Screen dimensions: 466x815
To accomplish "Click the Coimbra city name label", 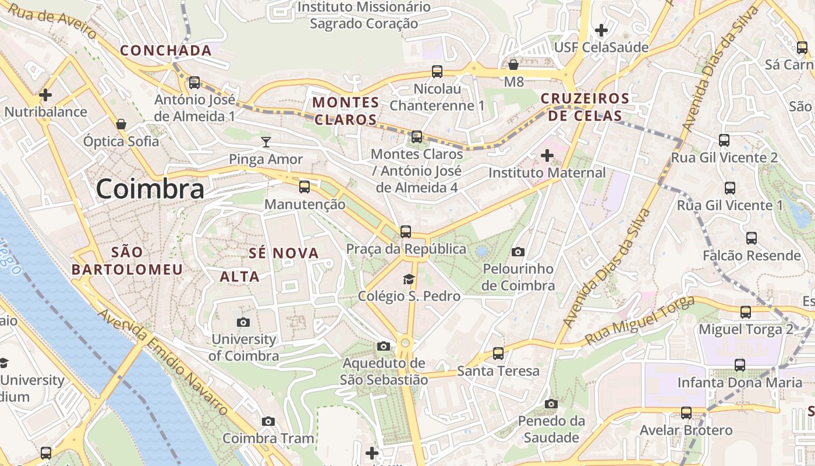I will tap(150, 189).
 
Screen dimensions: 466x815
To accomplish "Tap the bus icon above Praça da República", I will tap(406, 231).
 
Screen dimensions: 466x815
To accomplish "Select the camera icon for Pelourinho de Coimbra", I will tap(518, 252).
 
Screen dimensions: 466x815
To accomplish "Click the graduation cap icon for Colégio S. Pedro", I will tap(409, 279).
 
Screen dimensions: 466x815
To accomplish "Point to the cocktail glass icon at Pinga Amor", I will tap(266, 142).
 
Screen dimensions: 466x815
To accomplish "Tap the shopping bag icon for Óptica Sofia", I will tap(121, 124).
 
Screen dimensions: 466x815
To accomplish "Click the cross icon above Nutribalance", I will tap(45, 94).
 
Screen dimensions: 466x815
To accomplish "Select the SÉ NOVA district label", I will tap(284, 253).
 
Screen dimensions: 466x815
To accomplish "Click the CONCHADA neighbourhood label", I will tap(166, 51).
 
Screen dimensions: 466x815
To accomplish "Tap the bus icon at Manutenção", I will tap(304, 187).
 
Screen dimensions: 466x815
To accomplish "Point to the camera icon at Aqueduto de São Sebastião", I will tap(383, 347).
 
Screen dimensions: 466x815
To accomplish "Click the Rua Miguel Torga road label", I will tap(640, 320).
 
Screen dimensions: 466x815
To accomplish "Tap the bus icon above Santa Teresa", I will tap(498, 353).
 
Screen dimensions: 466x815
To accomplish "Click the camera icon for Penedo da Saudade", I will tap(551, 404).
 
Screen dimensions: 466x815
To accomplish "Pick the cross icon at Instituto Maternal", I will tap(547, 156).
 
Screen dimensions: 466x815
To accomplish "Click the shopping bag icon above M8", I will tap(513, 64).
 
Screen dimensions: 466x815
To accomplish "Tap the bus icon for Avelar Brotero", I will tap(686, 413).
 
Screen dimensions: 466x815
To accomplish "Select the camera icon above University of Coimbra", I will tap(243, 322).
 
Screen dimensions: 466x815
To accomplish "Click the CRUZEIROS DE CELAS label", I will tap(585, 107).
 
